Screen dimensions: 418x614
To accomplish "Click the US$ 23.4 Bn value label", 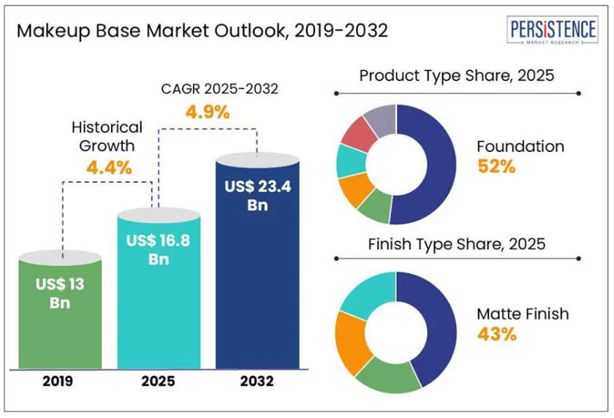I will [x=257, y=195].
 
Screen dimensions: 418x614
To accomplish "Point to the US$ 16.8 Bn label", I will [x=159, y=248].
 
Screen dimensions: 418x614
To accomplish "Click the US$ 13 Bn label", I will [x=60, y=293].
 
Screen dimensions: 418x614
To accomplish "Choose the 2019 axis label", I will [x=58, y=381].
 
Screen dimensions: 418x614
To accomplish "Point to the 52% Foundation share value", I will [x=497, y=166].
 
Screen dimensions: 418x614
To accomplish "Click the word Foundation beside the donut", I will [x=520, y=146].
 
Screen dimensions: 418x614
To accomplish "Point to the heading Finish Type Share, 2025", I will [x=457, y=243].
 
